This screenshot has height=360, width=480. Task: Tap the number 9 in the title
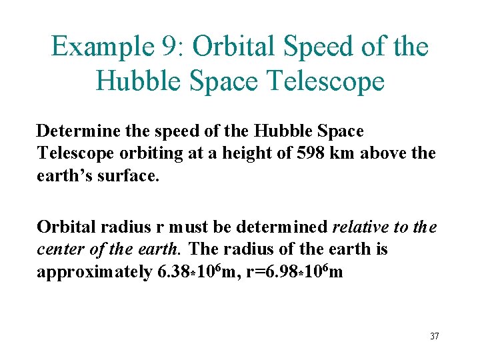tap(168, 47)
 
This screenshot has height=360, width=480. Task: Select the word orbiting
tap(150, 153)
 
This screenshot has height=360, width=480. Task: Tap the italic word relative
tap(360, 227)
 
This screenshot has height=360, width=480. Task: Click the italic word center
tap(58, 249)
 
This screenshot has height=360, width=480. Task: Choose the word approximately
tap(93, 272)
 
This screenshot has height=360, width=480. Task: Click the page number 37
tap(434, 336)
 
